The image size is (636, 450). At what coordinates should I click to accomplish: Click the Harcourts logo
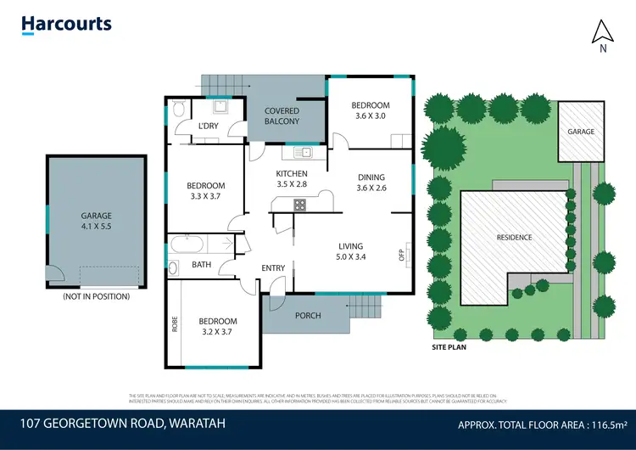pyautogui.click(x=66, y=24)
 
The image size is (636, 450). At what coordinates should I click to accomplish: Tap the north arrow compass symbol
pyautogui.click(x=602, y=34)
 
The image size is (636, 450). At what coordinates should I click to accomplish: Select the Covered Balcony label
pyautogui.click(x=282, y=116)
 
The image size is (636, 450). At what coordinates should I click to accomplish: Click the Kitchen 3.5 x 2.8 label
pyautogui.click(x=292, y=179)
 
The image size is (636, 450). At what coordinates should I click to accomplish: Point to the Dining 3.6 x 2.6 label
pyautogui.click(x=371, y=183)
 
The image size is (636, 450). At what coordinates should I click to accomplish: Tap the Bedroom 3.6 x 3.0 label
pyautogui.click(x=371, y=110)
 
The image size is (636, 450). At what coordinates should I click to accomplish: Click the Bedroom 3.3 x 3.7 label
pyautogui.click(x=205, y=191)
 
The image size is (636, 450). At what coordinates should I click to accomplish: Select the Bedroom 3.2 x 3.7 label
pyautogui.click(x=218, y=326)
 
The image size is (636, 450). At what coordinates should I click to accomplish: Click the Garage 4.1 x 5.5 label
pyautogui.click(x=96, y=221)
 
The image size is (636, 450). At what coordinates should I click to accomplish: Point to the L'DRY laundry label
pyautogui.click(x=208, y=127)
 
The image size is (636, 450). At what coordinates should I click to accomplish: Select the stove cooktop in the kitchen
pyautogui.click(x=299, y=204)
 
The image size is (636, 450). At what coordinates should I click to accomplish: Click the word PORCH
pyautogui.click(x=308, y=316)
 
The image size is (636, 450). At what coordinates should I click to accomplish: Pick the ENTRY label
pyautogui.click(x=273, y=268)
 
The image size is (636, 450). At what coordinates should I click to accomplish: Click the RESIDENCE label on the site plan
pyautogui.click(x=514, y=237)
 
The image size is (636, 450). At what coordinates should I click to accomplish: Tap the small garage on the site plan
pyautogui.click(x=581, y=132)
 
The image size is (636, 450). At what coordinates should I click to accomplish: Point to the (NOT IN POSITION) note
pyautogui.click(x=96, y=296)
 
